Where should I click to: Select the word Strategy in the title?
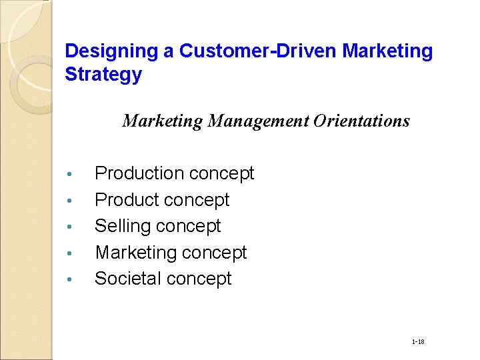tap(103, 75)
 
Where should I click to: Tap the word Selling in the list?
tap(123, 226)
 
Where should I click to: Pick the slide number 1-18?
tap(418, 342)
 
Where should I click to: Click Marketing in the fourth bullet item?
tap(135, 253)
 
